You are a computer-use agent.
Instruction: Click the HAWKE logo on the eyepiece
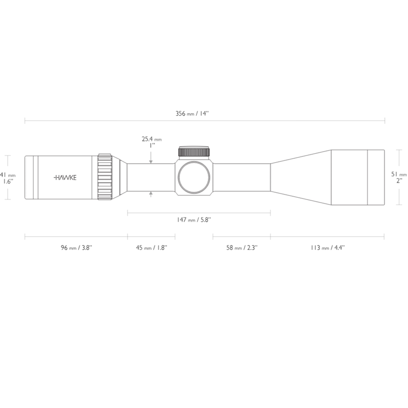65,177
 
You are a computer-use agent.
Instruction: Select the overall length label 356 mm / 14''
192,113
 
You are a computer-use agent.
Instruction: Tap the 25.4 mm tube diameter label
151,139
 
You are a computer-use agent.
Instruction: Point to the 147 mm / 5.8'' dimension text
194,220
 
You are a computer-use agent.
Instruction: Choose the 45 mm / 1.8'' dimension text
151,248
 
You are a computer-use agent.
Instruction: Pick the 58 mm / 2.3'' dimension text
241,248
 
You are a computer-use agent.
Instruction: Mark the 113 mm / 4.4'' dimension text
327,248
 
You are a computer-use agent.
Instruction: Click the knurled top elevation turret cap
194,151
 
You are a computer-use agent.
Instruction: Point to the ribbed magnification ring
105,177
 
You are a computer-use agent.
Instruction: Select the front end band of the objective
375,177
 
